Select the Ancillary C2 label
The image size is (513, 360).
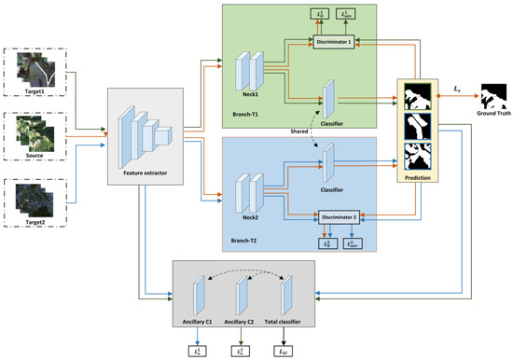click(x=245, y=322)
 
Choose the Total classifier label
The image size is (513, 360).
click(x=297, y=322)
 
